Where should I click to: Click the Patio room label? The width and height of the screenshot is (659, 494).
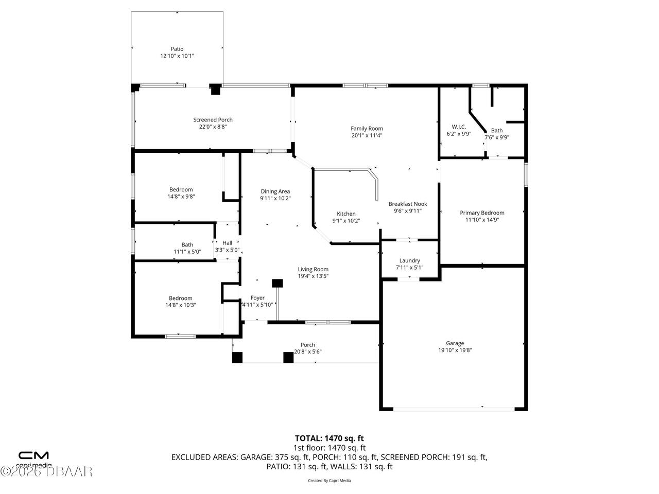pos(177,49)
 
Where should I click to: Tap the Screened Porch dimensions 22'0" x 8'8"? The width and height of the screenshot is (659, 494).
pos(213,127)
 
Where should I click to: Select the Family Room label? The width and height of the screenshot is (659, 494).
pos(367,129)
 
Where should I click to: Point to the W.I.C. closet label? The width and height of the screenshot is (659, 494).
pos(459,127)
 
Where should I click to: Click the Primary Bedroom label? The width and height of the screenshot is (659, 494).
pos(482,213)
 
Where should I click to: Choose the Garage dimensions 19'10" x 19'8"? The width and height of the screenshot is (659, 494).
pos(455,350)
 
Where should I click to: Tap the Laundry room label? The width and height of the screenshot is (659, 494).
pos(409,260)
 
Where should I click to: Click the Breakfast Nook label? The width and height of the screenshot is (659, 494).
pos(408,204)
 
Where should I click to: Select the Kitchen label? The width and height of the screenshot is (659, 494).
pos(346,214)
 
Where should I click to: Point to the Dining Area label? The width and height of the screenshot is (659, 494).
pos(275,191)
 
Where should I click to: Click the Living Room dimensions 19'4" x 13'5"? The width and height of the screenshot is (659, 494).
pos(313,276)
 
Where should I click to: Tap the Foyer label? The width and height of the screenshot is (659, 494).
pos(257,298)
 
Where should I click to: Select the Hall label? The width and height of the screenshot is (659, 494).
pos(227,243)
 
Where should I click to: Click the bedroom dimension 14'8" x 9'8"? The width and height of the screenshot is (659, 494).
pos(181,196)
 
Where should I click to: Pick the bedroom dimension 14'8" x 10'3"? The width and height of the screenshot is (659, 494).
pos(181,305)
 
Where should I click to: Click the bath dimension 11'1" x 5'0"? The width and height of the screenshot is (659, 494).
pos(187,252)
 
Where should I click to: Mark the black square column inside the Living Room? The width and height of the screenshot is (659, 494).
pos(278,283)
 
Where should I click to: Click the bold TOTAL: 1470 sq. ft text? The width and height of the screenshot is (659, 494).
pos(329,438)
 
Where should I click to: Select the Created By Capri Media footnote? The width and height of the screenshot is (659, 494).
pos(329,481)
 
